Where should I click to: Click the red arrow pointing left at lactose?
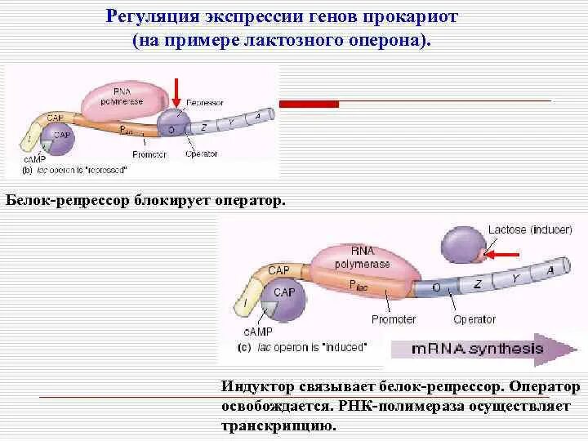pyautogui.click(x=501, y=254)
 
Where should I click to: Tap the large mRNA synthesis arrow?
pyautogui.click(x=482, y=349)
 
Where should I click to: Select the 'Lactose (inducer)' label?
pyautogui.click(x=530, y=229)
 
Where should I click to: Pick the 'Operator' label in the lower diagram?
pyautogui.click(x=474, y=319)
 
